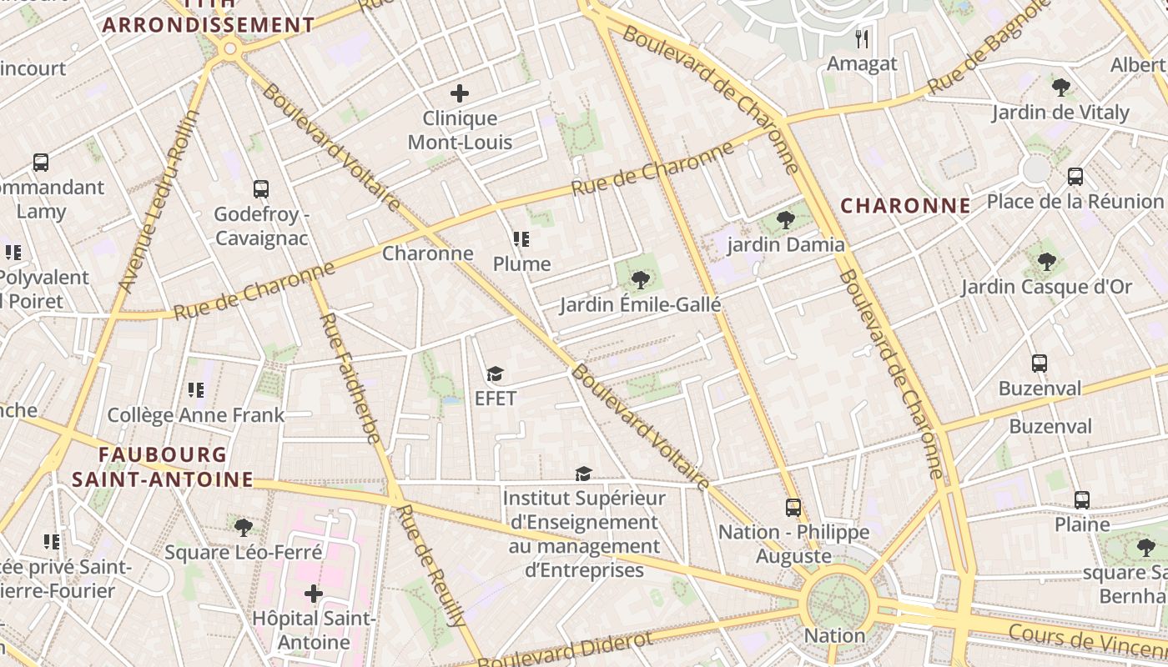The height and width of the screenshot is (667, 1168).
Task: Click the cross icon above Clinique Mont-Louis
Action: [459, 93]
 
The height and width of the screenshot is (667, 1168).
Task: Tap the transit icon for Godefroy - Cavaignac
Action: [261, 189]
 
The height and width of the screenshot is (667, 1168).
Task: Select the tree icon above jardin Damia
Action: [785, 220]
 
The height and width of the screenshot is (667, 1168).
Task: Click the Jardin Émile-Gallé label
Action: [640, 304]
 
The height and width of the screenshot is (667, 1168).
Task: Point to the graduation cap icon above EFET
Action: [496, 374]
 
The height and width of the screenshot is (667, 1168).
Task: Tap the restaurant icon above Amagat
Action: [863, 38]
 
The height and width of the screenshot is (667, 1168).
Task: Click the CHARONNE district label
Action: [905, 205]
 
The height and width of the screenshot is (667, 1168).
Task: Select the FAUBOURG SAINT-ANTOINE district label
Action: [163, 467]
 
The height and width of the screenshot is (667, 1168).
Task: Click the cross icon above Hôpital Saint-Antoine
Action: [314, 594]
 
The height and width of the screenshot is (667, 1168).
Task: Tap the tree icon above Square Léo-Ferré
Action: [244, 527]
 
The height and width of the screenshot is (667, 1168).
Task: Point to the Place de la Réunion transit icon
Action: [1075, 177]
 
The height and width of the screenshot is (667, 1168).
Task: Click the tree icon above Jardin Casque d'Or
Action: [1046, 262]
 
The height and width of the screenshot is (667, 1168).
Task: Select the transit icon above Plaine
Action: [1082, 500]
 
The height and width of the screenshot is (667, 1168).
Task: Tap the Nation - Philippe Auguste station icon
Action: [793, 507]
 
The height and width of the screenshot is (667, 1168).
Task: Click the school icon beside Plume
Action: [521, 240]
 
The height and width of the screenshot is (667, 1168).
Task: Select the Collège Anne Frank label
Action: [196, 414]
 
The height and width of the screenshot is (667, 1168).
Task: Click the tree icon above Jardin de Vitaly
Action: [1060, 87]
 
